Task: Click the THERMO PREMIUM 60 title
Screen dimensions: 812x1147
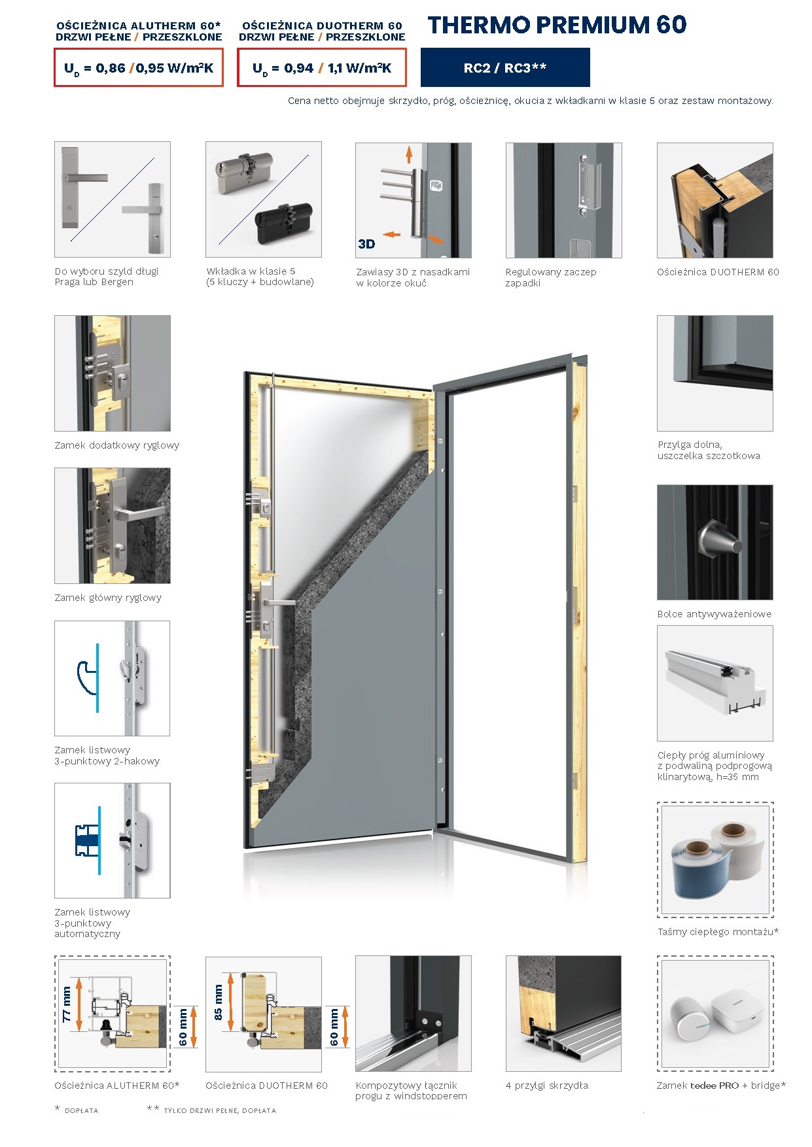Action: click(557, 25)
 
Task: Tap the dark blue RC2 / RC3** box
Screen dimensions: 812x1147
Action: click(505, 67)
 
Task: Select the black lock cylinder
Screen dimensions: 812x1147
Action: click(283, 223)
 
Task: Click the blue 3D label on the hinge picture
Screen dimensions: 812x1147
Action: click(366, 244)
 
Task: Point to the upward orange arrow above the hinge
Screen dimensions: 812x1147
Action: click(409, 155)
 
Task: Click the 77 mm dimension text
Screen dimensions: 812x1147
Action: click(67, 1004)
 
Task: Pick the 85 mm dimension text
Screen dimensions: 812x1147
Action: click(218, 1003)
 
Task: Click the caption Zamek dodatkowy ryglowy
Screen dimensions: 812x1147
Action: click(116, 445)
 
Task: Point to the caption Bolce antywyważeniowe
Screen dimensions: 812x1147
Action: click(715, 614)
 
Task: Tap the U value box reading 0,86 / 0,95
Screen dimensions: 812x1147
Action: click(139, 67)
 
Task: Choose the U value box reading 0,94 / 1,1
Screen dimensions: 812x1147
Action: click(322, 67)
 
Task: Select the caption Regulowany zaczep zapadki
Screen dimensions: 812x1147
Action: click(551, 277)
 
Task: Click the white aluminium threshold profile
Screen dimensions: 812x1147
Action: click(715, 683)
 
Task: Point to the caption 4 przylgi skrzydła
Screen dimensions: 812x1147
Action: click(547, 1086)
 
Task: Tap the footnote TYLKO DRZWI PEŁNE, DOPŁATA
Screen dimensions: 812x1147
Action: click(220, 1110)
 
